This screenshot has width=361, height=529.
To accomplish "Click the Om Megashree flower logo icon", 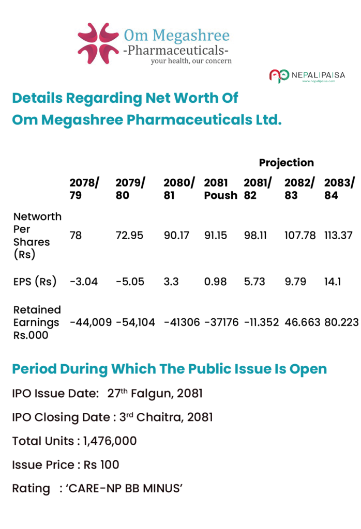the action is tap(98, 43).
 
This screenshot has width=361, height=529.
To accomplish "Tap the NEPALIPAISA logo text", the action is tap(318, 75).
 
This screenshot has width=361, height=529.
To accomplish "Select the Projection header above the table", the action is tap(287, 163).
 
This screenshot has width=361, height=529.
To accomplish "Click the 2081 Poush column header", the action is tap(220, 189).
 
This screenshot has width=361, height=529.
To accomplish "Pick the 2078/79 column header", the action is tap(84, 189).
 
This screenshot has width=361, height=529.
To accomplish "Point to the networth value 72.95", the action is tap(129, 235).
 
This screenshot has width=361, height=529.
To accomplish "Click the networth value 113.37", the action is tap(338, 235).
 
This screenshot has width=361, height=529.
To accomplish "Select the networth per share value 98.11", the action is tap(255, 235).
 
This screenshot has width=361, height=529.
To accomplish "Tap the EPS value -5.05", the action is tap(130, 282).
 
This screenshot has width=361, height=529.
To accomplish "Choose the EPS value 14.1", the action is tap(333, 282).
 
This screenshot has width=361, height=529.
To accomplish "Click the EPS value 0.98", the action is tap(215, 282).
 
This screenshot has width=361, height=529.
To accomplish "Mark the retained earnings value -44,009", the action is tap(91, 322).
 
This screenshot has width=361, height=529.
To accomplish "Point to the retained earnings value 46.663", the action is tap(302, 322).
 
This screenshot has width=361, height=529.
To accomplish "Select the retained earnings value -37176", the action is tap(221, 322).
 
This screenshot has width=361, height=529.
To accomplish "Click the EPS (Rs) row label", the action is tap(35, 282).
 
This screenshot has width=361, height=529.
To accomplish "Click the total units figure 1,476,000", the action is tap(110, 441).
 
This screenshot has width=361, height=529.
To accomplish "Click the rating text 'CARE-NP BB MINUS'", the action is tap(124, 488).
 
